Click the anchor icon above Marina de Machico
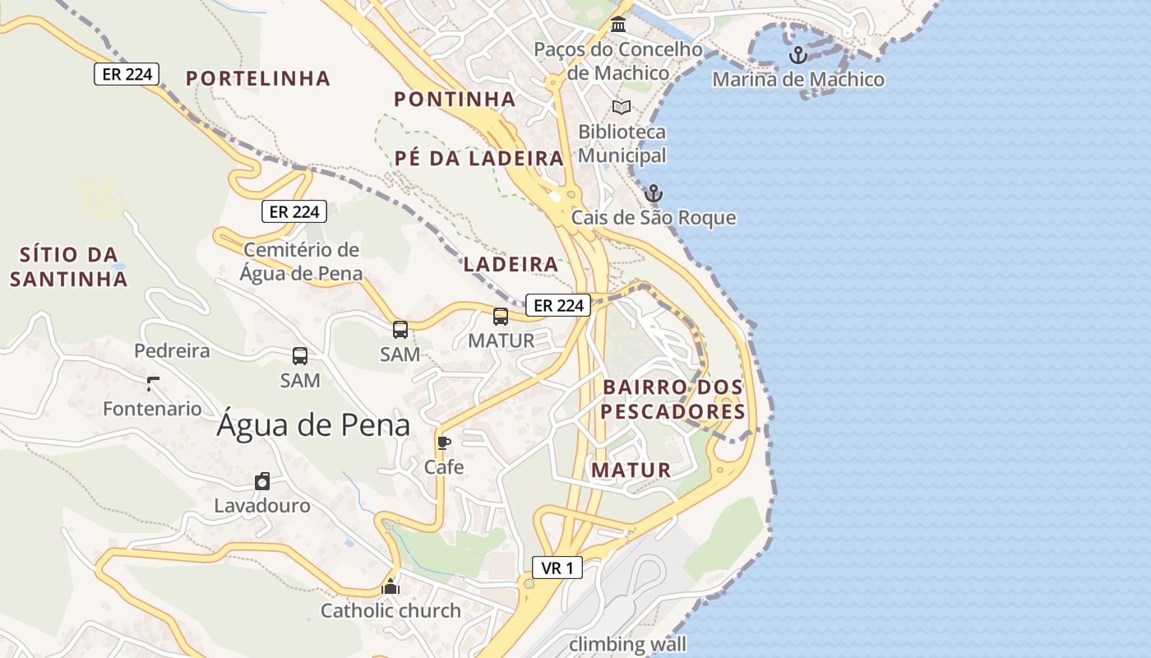pyautogui.click(x=797, y=55)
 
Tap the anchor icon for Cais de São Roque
pyautogui.click(x=654, y=194)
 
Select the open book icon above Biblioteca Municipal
pyautogui.click(x=622, y=108)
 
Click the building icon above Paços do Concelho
pyautogui.click(x=618, y=25)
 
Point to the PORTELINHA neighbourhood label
pyautogui.click(x=257, y=78)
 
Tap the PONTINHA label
pyautogui.click(x=455, y=100)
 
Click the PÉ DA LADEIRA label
pyautogui.click(x=478, y=159)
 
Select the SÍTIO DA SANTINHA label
pyautogui.click(x=69, y=266)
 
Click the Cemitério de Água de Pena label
pyautogui.click(x=301, y=262)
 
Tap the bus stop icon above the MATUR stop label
pyautogui.click(x=501, y=317)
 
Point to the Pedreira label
pyautogui.click(x=172, y=351)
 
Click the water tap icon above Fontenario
pyautogui.click(x=152, y=383)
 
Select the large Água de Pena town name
pyautogui.click(x=313, y=425)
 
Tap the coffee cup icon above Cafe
pyautogui.click(x=444, y=443)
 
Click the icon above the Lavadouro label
pyautogui.click(x=262, y=482)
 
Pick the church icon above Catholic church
pyautogui.click(x=391, y=586)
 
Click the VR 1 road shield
pyautogui.click(x=557, y=568)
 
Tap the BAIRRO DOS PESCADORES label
pyautogui.click(x=673, y=399)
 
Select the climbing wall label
pyautogui.click(x=627, y=643)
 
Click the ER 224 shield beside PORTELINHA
pyautogui.click(x=126, y=74)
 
